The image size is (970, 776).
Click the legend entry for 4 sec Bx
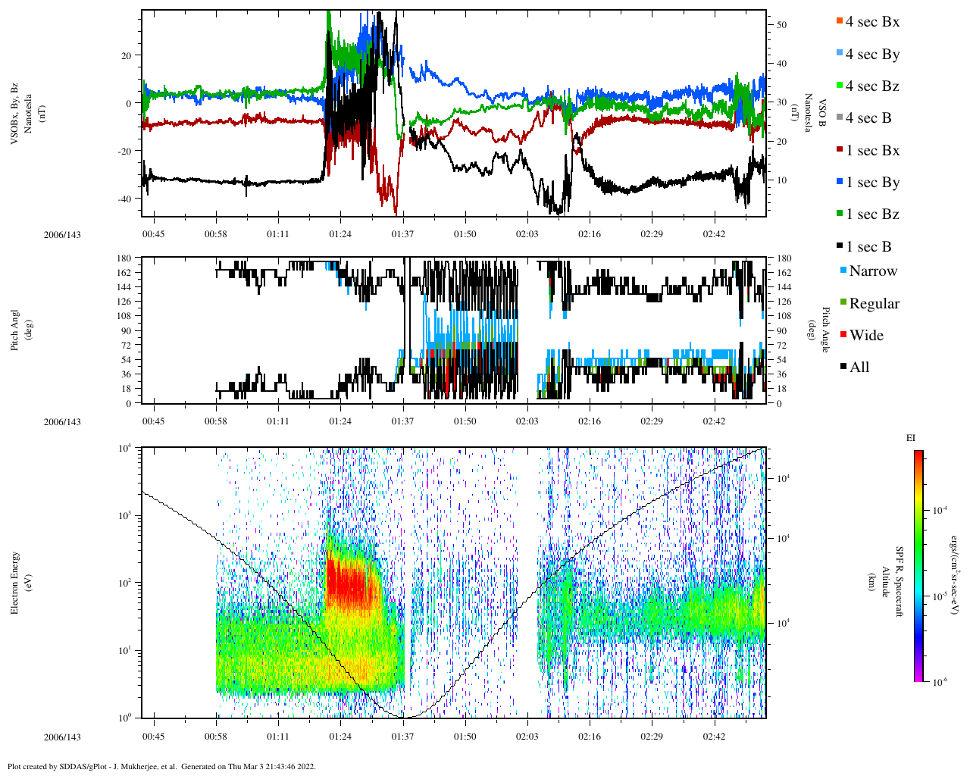(x=872, y=22)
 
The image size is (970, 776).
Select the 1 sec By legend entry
(x=872, y=183)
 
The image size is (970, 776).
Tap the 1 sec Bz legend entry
(x=872, y=214)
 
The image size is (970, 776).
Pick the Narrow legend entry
(x=872, y=271)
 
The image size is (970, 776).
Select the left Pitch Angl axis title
(x=15, y=330)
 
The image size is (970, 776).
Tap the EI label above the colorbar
(x=911, y=438)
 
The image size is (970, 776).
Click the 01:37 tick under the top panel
(x=402, y=233)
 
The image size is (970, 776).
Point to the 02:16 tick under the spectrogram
(x=590, y=737)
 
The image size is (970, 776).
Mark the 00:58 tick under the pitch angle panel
(x=216, y=421)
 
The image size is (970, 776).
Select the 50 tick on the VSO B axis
(x=781, y=25)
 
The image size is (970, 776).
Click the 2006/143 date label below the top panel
(x=62, y=235)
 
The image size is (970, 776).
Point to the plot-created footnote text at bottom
(x=161, y=766)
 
